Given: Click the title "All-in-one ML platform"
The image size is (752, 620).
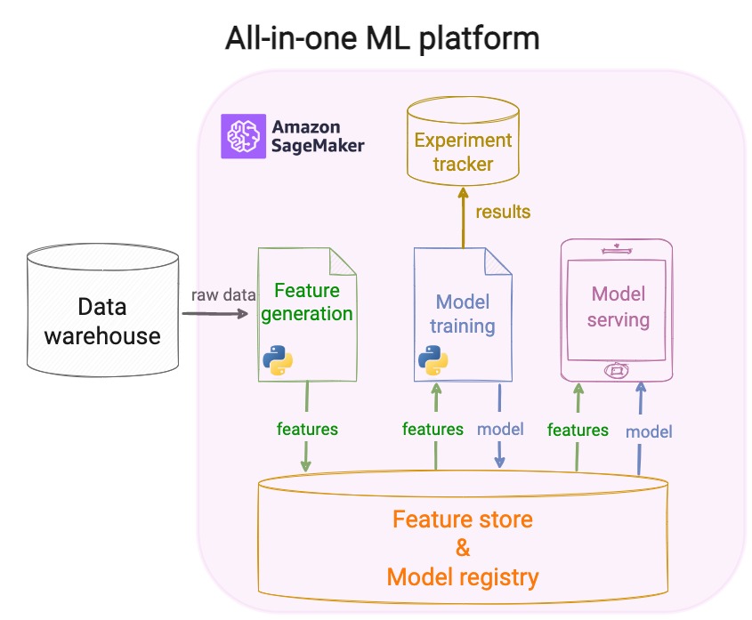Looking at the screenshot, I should [x=382, y=38].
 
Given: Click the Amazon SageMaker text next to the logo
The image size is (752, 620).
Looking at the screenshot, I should [x=317, y=136].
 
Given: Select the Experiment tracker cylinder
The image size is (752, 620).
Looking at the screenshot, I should [x=463, y=146].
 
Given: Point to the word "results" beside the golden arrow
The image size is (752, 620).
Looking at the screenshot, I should [x=503, y=212].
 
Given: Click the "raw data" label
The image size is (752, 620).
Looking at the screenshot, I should [x=223, y=294].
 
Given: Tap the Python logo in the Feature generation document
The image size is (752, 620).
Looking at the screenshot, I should [x=279, y=358].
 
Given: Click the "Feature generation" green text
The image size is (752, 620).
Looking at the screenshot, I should [x=307, y=302].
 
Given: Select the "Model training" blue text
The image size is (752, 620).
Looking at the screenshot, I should [x=462, y=314].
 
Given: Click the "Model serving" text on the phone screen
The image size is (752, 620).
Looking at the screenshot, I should [x=619, y=306].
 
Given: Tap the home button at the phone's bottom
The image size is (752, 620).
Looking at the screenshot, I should [x=618, y=368].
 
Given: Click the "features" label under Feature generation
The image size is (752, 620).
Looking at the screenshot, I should [x=308, y=429].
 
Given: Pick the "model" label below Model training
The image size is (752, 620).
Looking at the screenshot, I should [x=500, y=429].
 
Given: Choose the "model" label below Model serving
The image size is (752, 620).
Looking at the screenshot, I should [x=649, y=431].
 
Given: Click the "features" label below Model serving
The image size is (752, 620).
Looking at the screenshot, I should [x=578, y=430].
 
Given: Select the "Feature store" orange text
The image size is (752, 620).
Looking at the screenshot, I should [x=463, y=519].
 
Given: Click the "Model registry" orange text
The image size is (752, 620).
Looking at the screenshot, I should [x=463, y=577].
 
